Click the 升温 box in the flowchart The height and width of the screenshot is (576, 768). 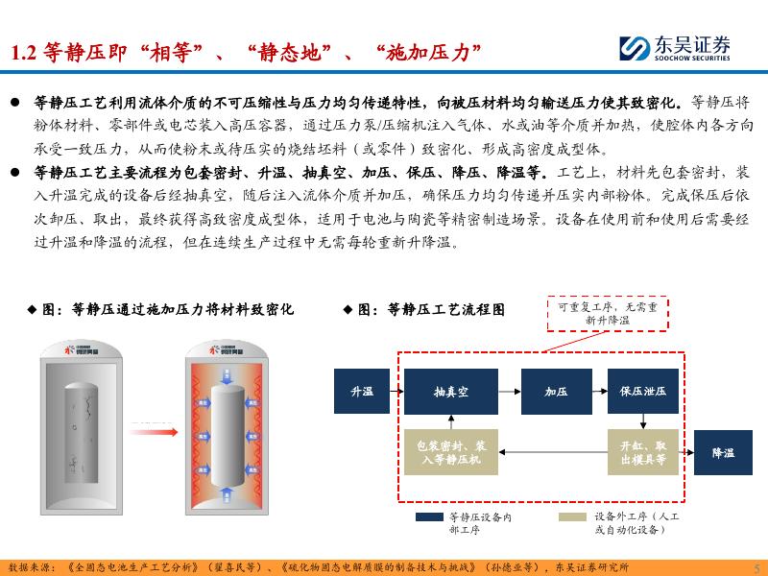pos(361,392)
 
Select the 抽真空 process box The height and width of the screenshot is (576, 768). pos(450,392)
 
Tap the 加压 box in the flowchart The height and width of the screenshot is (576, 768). pos(556,392)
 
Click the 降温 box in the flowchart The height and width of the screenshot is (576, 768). pos(723,452)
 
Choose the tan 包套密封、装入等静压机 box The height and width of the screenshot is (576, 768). pos(450,452)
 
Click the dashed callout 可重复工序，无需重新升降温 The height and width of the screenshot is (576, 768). pos(608,313)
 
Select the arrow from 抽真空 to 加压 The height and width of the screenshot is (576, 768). pos(508,392)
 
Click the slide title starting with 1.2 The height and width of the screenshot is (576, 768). pos(244,53)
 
